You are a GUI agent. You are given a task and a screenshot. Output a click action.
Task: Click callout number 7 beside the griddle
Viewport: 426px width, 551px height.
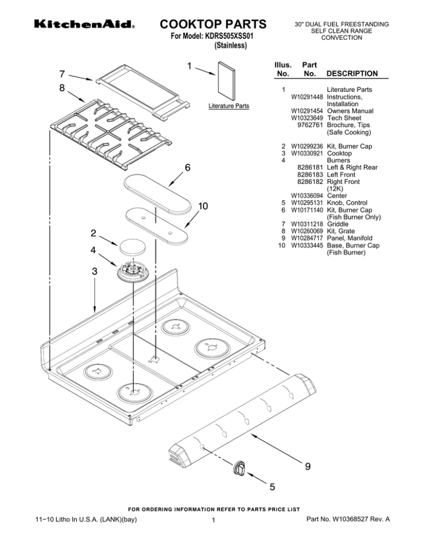click(x=63, y=74)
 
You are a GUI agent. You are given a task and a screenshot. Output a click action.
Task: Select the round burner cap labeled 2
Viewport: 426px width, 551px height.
click(x=131, y=246)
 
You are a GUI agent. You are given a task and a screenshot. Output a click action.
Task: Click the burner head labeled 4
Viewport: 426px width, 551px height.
click(x=131, y=271)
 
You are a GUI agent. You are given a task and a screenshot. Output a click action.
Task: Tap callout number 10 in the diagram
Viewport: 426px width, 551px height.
click(x=204, y=207)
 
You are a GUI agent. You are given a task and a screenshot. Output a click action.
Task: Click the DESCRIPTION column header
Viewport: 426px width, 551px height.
click(x=352, y=73)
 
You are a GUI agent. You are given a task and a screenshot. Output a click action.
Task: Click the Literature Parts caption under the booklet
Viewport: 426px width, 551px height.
click(x=229, y=106)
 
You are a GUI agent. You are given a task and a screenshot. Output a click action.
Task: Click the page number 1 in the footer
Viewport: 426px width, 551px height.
click(x=213, y=520)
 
